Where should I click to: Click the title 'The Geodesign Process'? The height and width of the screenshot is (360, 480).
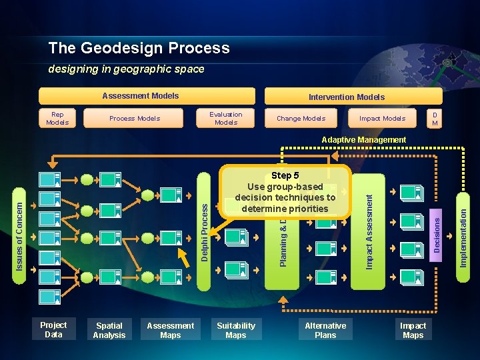(x=139, y=48)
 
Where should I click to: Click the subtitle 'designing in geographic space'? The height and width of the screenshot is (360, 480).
(x=126, y=69)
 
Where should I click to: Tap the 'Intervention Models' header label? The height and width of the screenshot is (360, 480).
(x=347, y=97)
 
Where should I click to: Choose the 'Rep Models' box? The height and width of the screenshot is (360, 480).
(x=57, y=118)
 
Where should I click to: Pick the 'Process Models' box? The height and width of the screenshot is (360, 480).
(x=135, y=118)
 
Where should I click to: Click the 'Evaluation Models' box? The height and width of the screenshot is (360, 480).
(x=226, y=118)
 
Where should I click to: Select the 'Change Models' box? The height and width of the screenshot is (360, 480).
(x=301, y=118)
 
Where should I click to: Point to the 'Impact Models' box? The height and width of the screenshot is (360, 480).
(x=382, y=118)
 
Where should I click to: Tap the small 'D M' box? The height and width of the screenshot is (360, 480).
(x=435, y=118)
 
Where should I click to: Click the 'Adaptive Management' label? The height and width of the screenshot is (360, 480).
(x=363, y=140)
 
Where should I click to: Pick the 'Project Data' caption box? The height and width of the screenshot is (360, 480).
(x=53, y=329)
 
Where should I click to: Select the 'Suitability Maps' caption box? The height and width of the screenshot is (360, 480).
(x=236, y=330)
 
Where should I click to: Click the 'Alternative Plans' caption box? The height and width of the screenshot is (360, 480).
(x=325, y=330)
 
